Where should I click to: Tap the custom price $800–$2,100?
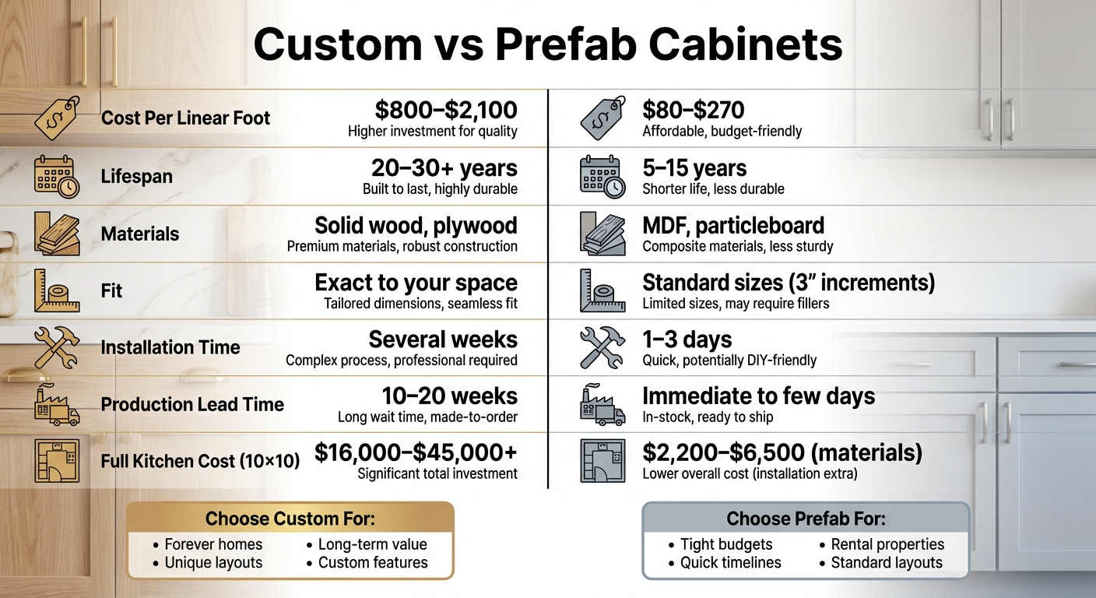pyautogui.click(x=445, y=109)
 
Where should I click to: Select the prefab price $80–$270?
pyautogui.click(x=693, y=109)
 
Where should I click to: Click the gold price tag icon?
pyautogui.click(x=58, y=118)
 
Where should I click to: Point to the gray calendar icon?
pyautogui.click(x=602, y=176)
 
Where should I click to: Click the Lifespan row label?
pyautogui.click(x=136, y=177)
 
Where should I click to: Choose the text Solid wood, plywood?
pyautogui.click(x=416, y=226)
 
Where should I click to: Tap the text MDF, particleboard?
pyautogui.click(x=732, y=226)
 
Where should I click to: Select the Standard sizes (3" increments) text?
pyautogui.click(x=788, y=283)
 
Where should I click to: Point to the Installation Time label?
pyautogui.click(x=170, y=347)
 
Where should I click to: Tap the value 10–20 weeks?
pyautogui.click(x=449, y=396)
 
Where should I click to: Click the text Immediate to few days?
pyautogui.click(x=758, y=396)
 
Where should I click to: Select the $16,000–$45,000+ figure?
pyautogui.click(x=416, y=453)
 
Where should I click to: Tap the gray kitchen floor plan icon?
pyautogui.click(x=602, y=461)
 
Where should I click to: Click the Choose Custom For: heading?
pyautogui.click(x=290, y=519)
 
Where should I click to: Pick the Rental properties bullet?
pyautogui.click(x=887, y=544)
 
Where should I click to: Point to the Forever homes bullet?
pyautogui.click(x=213, y=544)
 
